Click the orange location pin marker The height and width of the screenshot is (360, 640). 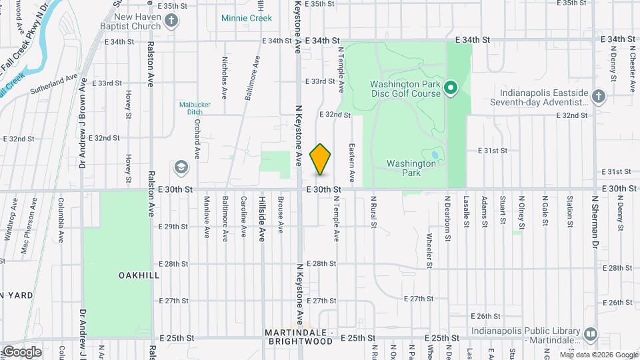pyautogui.click(x=321, y=159)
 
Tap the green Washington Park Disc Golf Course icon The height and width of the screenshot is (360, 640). pyautogui.click(x=451, y=88)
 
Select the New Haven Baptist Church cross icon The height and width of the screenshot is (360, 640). pyautogui.click(x=171, y=20)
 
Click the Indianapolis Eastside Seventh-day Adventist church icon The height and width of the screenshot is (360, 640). pyautogui.click(x=598, y=97)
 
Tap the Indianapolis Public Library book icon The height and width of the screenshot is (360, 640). pyautogui.click(x=590, y=334)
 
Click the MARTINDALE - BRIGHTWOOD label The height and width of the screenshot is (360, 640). pyautogui.click(x=299, y=337)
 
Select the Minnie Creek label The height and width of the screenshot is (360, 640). pyautogui.click(x=247, y=18)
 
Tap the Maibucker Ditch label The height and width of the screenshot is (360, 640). pyautogui.click(x=190, y=108)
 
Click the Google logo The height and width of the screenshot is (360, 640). pyautogui.click(x=22, y=351)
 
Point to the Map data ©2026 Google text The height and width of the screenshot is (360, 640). pyautogui.click(x=598, y=355)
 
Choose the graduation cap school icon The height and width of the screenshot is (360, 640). pyautogui.click(x=181, y=166)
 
